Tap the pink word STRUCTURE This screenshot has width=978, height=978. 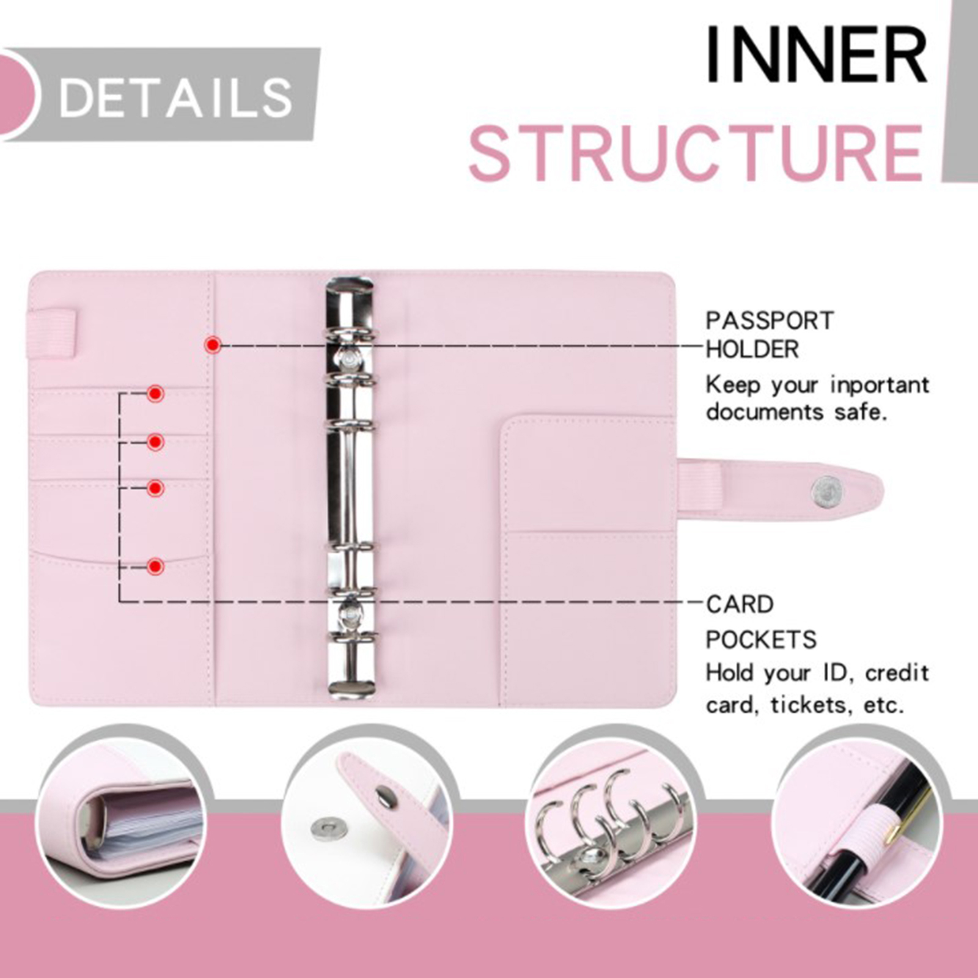[x=696, y=153]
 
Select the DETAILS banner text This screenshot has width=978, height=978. [x=176, y=98]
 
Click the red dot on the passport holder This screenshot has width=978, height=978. [x=213, y=345]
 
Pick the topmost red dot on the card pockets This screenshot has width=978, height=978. [x=155, y=394]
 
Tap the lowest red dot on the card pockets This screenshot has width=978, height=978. [x=155, y=567]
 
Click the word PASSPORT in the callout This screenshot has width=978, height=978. [x=770, y=321]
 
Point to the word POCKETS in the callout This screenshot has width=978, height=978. [x=761, y=640]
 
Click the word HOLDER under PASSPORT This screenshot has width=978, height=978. [x=752, y=350]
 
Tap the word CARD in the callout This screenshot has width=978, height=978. [x=740, y=605]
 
